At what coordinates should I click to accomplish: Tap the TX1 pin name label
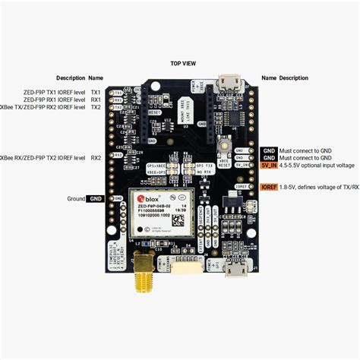(96, 91)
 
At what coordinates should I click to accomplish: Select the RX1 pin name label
(96, 99)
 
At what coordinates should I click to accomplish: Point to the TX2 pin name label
(96, 108)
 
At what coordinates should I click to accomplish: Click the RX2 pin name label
(96, 158)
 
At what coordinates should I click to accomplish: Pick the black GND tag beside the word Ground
(96, 199)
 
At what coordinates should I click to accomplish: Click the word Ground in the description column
(74, 199)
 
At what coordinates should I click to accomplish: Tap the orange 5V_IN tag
(268, 165)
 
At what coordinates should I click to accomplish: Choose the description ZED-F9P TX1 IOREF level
(54, 91)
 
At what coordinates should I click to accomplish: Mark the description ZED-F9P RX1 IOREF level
(54, 99)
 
